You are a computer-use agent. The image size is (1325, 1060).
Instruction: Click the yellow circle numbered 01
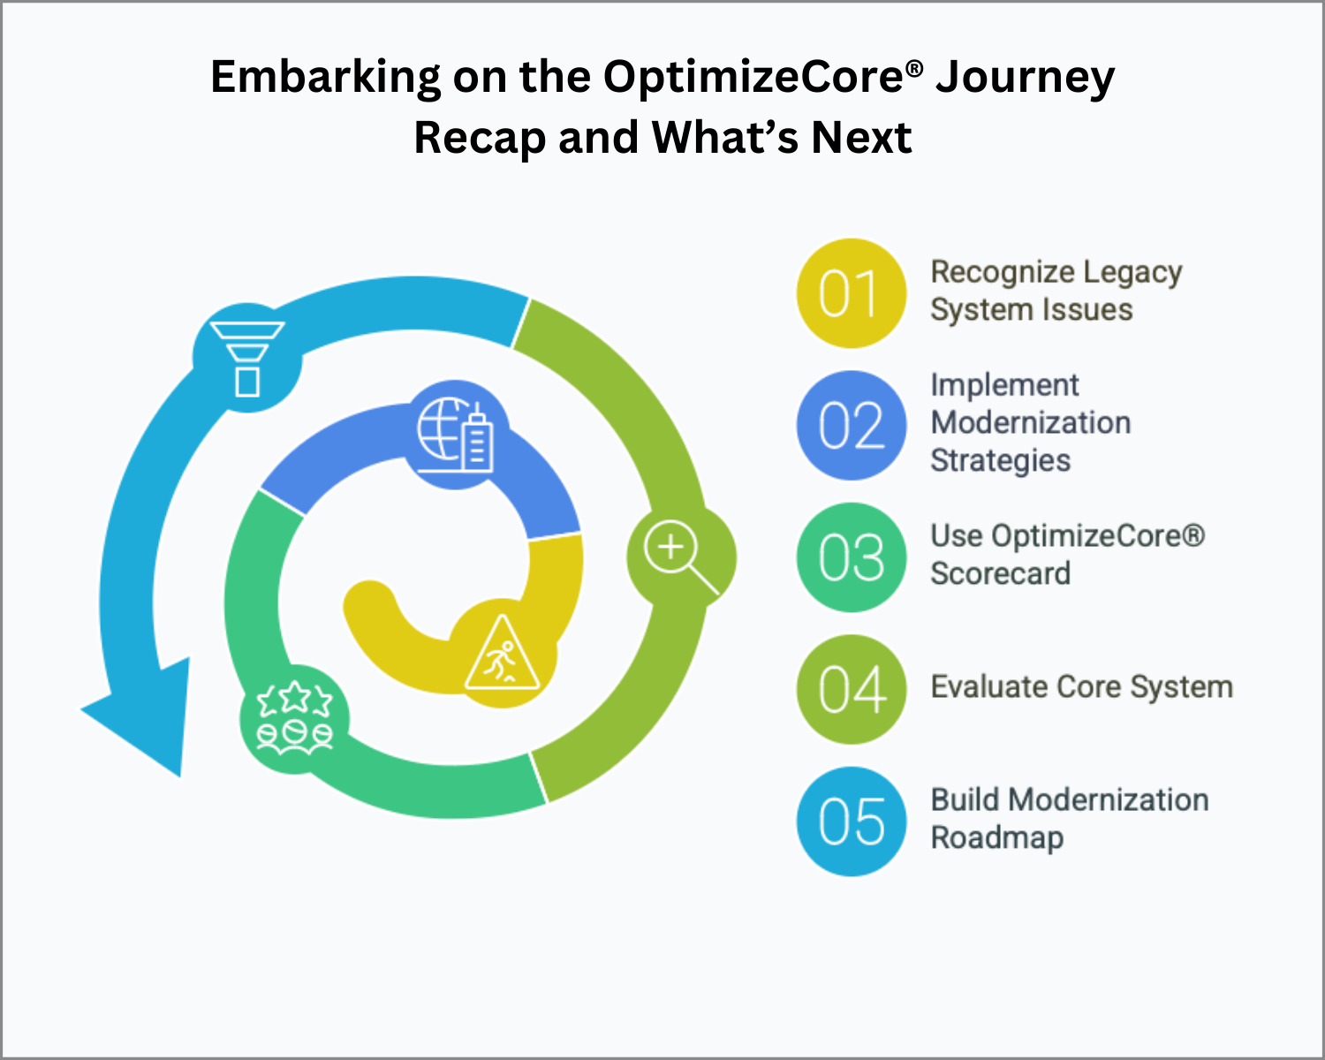[851, 293]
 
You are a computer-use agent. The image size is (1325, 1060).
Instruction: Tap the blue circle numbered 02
[851, 425]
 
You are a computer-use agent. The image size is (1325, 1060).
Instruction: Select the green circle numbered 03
[851, 557]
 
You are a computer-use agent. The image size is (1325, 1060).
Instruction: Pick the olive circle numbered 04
[851, 689]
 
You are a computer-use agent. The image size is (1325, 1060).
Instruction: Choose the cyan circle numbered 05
[851, 821]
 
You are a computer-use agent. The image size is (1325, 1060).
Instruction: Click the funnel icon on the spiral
[247, 358]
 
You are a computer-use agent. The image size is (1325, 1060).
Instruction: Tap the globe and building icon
[455, 435]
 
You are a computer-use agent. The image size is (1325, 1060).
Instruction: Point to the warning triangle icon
[503, 652]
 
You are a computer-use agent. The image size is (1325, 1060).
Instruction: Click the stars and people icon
[294, 717]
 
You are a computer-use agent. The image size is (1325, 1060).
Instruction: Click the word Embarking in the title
[325, 78]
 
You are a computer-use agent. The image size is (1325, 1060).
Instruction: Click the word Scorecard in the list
[1001, 573]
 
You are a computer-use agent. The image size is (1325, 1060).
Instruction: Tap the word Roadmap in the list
[996, 837]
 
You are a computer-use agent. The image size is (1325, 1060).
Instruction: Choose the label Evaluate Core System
[1082, 686]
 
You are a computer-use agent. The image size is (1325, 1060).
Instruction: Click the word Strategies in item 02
[1001, 461]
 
